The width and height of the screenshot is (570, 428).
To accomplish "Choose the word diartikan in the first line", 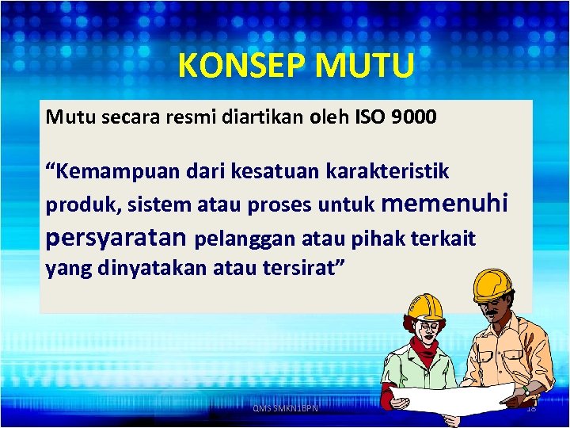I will coord(257,118).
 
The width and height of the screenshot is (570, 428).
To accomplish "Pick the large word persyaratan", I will coord(116,237).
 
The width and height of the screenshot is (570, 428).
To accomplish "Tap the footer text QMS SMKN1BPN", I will coord(285,408).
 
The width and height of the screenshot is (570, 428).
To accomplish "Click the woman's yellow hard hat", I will coord(425,306).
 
